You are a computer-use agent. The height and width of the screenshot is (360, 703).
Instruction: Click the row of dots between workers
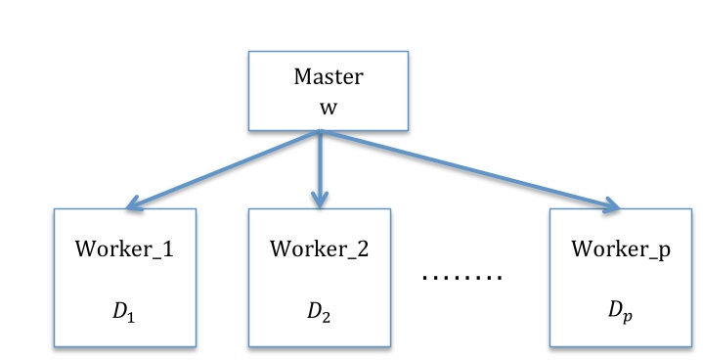(461, 277)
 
